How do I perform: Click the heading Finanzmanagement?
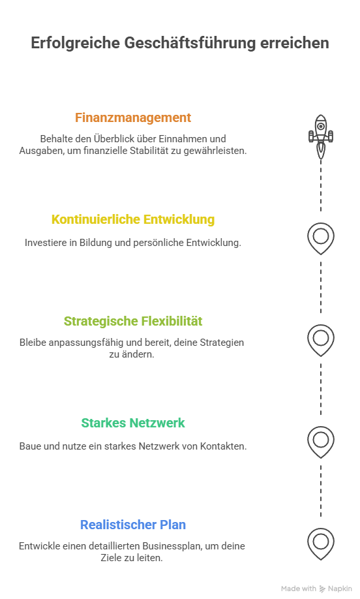point(133,117)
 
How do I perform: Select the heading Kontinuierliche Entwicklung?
point(133,219)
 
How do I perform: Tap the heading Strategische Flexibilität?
point(133,321)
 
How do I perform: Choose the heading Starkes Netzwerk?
point(133,423)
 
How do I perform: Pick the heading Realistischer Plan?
point(133,525)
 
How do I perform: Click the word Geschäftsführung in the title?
point(190,43)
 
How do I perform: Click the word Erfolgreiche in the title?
point(75,43)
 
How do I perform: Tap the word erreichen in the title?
point(295,43)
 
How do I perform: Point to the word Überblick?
point(115,139)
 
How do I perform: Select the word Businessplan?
point(172,546)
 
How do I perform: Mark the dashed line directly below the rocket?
point(321,185)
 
